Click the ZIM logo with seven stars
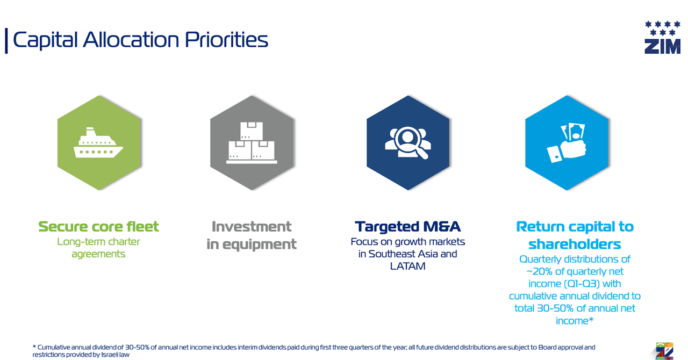click(663, 37)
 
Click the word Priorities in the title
click(226, 40)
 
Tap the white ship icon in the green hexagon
click(98, 142)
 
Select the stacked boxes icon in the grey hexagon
click(252, 142)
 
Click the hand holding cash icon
click(567, 143)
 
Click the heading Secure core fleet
click(98, 227)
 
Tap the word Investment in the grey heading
click(252, 227)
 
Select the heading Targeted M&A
click(407, 227)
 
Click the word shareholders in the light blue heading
click(575, 244)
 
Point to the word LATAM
click(407, 266)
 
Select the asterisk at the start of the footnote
click(34, 347)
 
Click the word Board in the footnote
click(547, 348)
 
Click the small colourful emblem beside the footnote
click(664, 351)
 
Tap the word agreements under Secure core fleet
click(98, 254)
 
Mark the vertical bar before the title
click(6, 41)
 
